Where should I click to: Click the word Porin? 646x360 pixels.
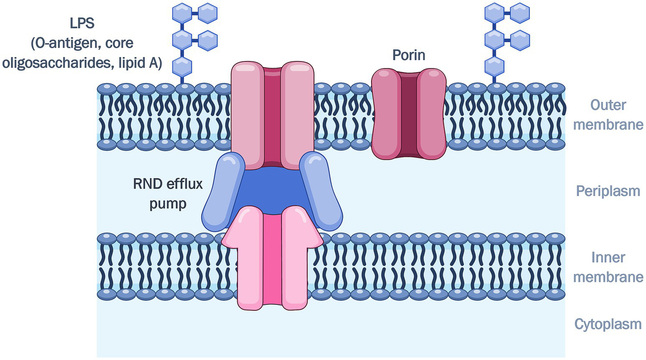tap(408, 55)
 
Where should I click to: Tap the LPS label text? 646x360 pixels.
tap(82, 23)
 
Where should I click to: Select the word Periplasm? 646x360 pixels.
tap(608, 191)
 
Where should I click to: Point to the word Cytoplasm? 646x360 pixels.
tap(608, 324)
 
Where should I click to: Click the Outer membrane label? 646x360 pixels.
tap(608, 115)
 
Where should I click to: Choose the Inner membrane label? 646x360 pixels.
tap(608, 267)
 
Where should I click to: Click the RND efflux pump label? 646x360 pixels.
tap(168, 193)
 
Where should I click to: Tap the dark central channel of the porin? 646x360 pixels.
tap(408, 114)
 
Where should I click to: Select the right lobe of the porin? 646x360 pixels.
tap(431, 114)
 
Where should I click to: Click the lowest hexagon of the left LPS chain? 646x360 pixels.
tap(182, 67)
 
